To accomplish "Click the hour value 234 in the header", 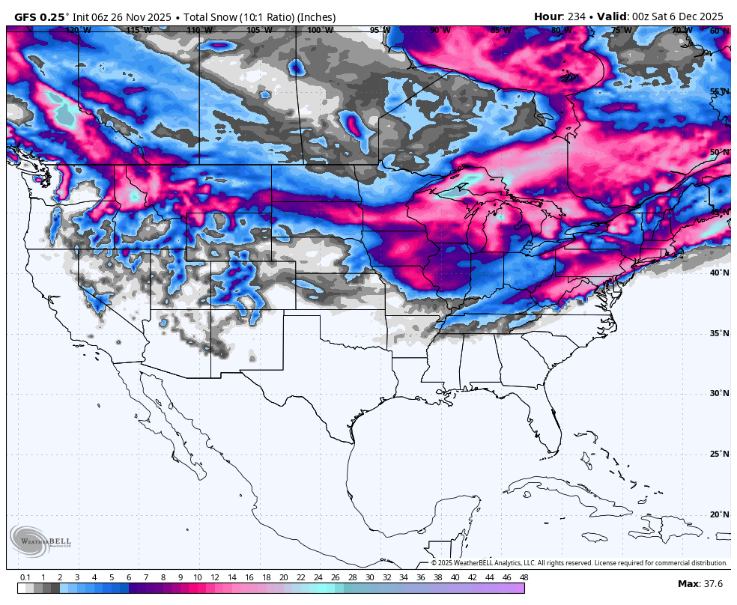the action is [577, 16].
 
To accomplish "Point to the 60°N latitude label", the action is [719, 31].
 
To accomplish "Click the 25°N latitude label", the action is [719, 454].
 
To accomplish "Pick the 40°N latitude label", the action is [719, 273].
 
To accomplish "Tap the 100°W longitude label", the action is [320, 31].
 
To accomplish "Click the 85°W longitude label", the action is [500, 31].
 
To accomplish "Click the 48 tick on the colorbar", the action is [523, 577].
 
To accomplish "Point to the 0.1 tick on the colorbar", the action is [25, 577].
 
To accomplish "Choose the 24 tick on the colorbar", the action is [318, 577].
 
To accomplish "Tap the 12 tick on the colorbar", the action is [214, 577].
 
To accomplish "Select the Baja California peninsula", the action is [161, 419].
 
